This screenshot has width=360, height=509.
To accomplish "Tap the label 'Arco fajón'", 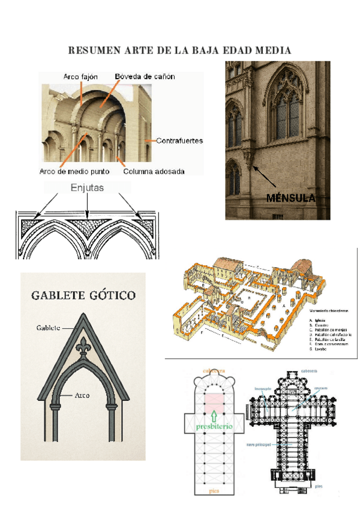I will (x=81, y=77).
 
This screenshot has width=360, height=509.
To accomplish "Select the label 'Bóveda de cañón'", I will (x=145, y=77).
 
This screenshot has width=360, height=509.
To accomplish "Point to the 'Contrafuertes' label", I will (x=179, y=141).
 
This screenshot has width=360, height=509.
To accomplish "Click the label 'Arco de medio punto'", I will (x=74, y=171).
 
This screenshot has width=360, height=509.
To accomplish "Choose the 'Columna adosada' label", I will (x=154, y=171).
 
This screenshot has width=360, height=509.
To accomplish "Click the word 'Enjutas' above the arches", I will (x=88, y=188).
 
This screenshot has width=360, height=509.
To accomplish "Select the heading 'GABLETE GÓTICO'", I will (x=83, y=295).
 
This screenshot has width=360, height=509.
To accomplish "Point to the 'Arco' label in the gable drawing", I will (x=82, y=396).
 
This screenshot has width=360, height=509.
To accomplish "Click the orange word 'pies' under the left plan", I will (x=213, y=491).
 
